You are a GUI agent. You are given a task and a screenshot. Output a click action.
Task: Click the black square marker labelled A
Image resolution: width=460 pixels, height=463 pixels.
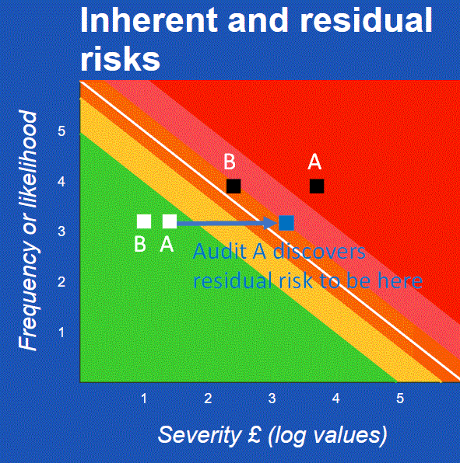coord(317,186)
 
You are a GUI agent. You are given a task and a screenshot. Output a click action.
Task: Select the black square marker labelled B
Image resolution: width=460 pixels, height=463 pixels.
coord(234,186)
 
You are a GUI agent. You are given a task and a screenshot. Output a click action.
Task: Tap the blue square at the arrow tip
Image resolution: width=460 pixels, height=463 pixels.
coord(286,223)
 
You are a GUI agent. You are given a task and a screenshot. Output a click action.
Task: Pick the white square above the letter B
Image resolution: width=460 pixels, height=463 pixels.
coord(144,221)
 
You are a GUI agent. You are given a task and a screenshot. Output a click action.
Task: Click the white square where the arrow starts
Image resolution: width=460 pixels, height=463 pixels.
coord(170,221)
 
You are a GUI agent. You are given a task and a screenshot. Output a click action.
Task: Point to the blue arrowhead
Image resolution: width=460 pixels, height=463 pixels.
coord(271,223)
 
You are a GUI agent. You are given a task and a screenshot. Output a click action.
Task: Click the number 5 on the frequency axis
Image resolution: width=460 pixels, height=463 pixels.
coord(61,131)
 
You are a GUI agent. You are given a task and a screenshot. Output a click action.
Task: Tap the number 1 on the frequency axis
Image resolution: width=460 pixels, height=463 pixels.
coord(61,332)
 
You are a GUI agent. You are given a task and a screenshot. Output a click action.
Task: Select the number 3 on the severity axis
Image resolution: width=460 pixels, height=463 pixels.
coord(272,399)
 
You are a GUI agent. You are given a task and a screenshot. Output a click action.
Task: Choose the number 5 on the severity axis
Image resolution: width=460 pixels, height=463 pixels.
coord(400,399)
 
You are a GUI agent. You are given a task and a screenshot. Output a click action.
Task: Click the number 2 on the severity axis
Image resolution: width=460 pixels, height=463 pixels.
coord(208,399)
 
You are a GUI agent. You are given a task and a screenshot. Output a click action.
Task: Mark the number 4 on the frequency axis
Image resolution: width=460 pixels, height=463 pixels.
coord(61,182)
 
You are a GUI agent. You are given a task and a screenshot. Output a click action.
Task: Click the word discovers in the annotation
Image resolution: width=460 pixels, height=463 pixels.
coord(319,252)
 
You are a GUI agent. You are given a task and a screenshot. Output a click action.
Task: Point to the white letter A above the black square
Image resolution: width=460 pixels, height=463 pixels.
coord(314,162)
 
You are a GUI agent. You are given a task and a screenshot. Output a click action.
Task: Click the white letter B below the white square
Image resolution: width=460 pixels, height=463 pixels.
coord(140,244)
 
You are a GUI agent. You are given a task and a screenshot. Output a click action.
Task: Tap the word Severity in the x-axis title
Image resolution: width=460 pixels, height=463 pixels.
coord(200,435)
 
